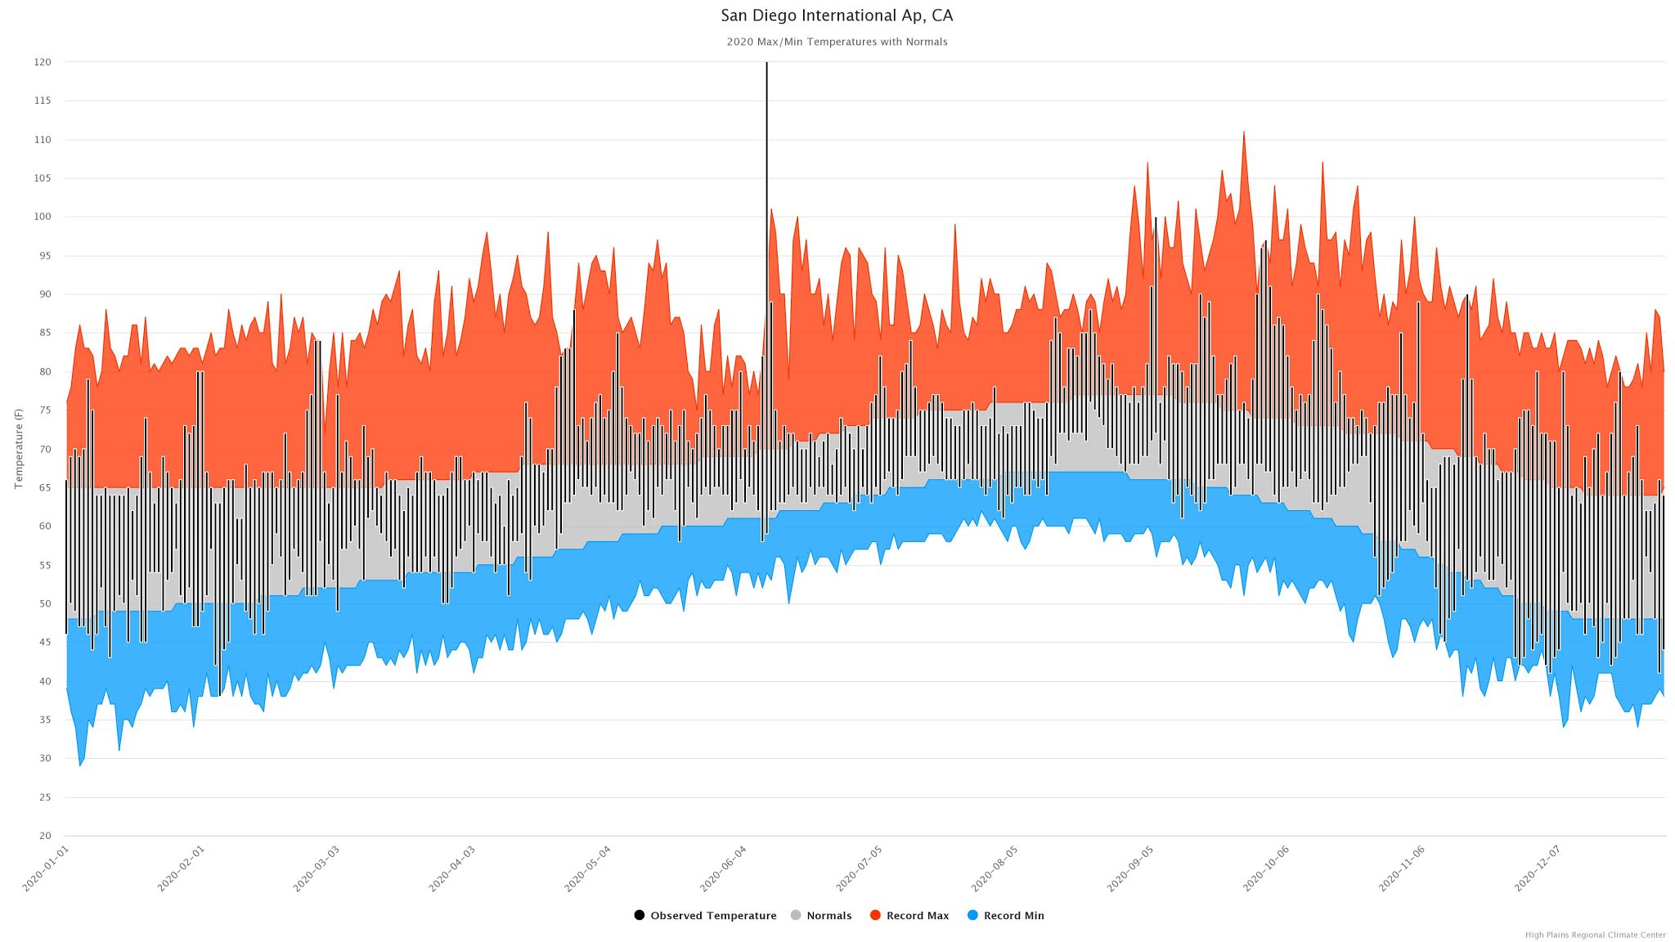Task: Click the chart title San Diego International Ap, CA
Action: click(x=837, y=16)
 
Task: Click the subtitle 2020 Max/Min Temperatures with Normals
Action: click(x=837, y=42)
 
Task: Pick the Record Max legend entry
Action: click(x=909, y=915)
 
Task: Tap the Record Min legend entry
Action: click(x=1006, y=915)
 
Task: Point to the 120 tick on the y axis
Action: click(x=43, y=62)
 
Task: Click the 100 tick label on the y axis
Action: click(x=43, y=217)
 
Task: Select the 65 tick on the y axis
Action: click(x=44, y=487)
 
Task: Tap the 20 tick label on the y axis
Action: click(x=44, y=836)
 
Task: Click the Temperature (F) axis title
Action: click(x=19, y=449)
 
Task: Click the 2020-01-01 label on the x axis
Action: click(x=47, y=868)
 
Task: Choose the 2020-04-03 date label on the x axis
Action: click(x=452, y=868)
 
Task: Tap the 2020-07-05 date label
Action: click(x=860, y=868)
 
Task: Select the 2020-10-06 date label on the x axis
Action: click(x=1266, y=868)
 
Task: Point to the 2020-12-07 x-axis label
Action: click(x=1538, y=868)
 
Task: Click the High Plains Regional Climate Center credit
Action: click(x=1595, y=935)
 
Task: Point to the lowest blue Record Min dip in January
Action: click(x=80, y=762)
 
